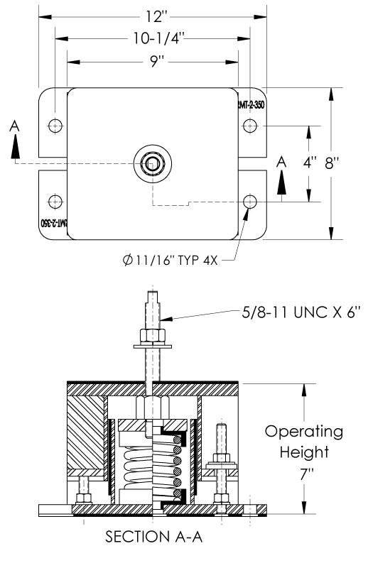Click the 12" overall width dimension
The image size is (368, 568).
coord(152,15)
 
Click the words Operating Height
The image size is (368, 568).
coord(303,441)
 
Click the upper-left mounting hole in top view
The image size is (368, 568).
coord(55,126)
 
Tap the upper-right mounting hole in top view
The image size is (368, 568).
coord(249,126)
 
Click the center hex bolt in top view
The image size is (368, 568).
coord(152,163)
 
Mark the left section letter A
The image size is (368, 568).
coord(15,126)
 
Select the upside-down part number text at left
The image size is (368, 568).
coord(54,223)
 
